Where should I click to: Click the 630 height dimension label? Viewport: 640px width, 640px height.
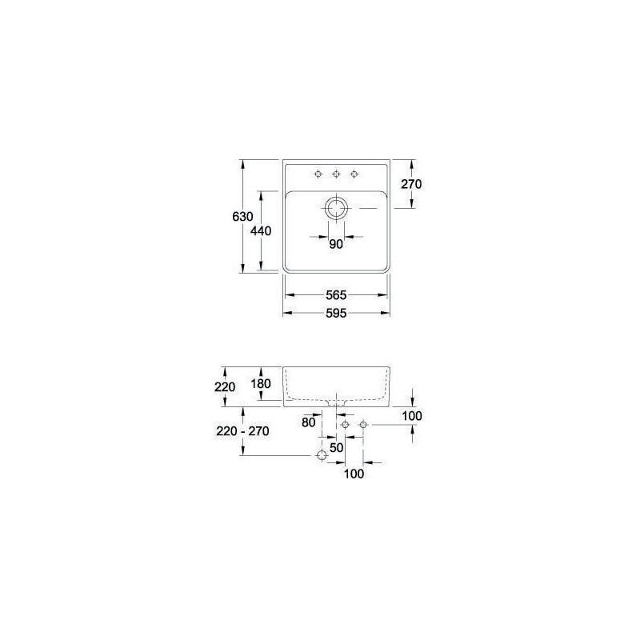[242, 216]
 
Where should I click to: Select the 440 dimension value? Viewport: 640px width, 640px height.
[261, 231]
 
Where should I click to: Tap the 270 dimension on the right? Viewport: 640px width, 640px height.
[411, 184]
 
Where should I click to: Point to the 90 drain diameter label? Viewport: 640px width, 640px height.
[336, 244]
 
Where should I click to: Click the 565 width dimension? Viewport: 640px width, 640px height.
[336, 294]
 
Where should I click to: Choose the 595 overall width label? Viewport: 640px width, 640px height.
[336, 313]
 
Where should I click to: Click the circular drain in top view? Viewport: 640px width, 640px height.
[336, 208]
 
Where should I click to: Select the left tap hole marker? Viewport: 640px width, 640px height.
[318, 174]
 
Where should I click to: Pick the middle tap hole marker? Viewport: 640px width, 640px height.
[336, 174]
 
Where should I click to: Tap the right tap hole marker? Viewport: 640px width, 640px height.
[354, 174]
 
